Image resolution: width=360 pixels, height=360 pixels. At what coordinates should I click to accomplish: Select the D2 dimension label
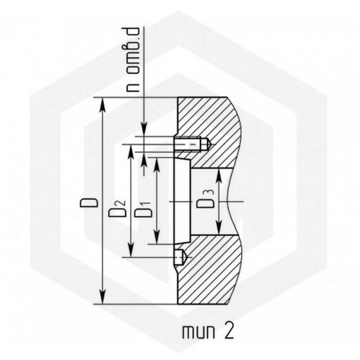pyautogui.click(x=118, y=209)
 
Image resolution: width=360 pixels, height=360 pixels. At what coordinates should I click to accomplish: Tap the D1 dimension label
pyautogui.click(x=143, y=209)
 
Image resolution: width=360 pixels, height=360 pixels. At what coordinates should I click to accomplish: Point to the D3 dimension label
pyautogui.click(x=205, y=199)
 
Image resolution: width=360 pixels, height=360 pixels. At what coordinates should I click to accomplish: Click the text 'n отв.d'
pyautogui.click(x=133, y=59)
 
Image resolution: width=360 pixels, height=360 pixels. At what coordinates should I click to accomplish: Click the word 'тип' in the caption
pyautogui.click(x=199, y=332)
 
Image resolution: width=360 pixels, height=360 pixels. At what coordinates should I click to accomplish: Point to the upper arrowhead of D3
pyautogui.click(x=219, y=176)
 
